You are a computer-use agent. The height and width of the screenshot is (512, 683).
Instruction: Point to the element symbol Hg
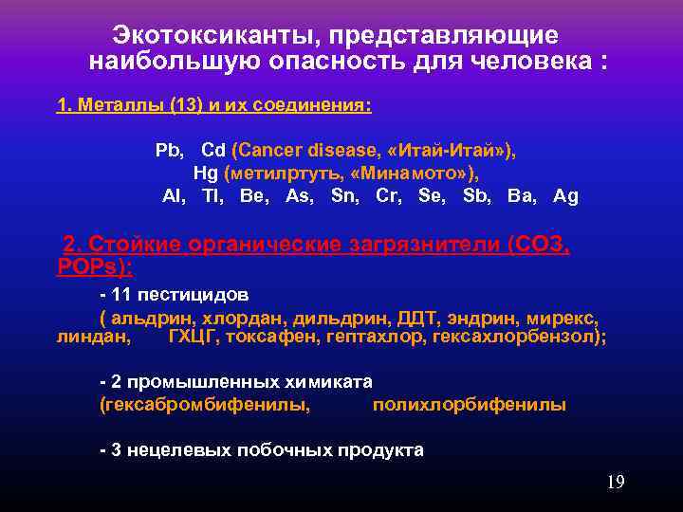[206, 174]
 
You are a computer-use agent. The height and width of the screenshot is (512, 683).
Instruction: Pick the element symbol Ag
[565, 196]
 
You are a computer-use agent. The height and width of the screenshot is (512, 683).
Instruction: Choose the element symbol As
[300, 196]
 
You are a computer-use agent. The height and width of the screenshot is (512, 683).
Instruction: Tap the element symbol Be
[253, 196]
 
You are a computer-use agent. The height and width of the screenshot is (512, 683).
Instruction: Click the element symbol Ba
[520, 196]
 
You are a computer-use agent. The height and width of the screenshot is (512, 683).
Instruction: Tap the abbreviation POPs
[90, 266]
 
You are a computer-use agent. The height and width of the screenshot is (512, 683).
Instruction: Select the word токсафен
[271, 336]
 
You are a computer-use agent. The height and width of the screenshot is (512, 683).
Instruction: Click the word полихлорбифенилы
[469, 405]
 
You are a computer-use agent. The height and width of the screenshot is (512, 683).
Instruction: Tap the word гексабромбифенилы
[204, 405]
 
